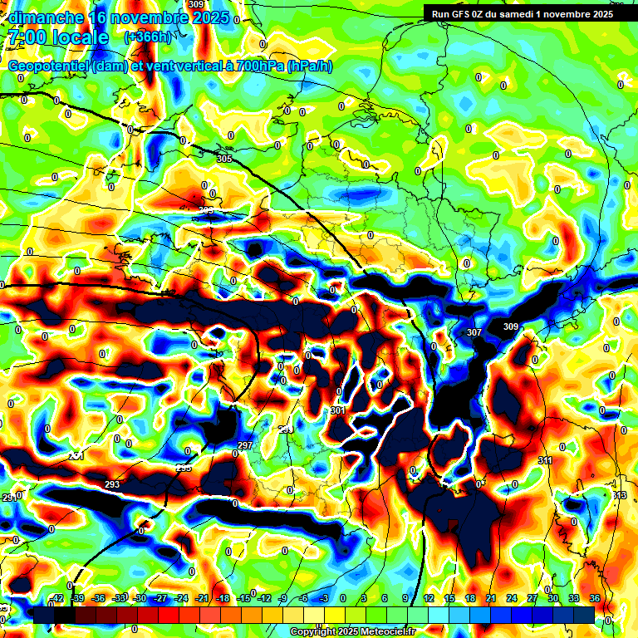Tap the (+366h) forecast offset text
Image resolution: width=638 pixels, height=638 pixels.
(147, 37)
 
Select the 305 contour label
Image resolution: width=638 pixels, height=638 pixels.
(224, 159)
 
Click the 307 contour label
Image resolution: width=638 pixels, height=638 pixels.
(474, 332)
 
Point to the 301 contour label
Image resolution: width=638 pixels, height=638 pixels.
(337, 410)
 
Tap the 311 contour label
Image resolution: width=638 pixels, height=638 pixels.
(545, 460)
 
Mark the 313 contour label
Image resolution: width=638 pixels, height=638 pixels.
(619, 496)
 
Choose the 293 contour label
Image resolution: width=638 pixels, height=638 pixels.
(113, 484)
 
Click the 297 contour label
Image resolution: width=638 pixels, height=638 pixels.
(245, 446)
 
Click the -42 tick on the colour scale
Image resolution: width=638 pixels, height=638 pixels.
(56, 598)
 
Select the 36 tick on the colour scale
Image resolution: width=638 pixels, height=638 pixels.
(595, 598)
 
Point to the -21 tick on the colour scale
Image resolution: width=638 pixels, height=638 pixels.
(201, 598)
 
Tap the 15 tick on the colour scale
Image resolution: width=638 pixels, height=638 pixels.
(449, 598)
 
